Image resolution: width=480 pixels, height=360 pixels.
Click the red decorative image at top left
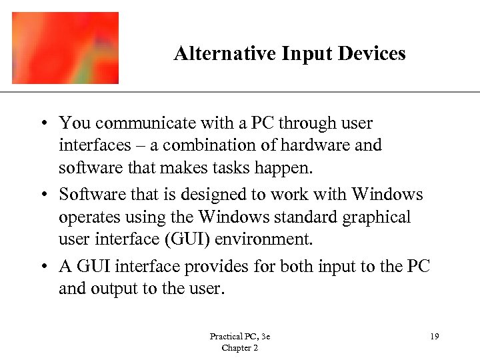click(65, 47)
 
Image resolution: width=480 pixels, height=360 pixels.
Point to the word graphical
click(383, 218)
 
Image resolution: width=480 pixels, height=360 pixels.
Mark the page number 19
click(434, 337)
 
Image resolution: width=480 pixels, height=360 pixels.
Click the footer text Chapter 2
click(239, 348)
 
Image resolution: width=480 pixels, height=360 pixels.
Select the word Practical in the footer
click(225, 337)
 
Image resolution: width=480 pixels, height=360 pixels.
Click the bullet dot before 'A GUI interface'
click(42, 267)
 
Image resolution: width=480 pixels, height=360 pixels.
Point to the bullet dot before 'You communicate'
click(42, 123)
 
